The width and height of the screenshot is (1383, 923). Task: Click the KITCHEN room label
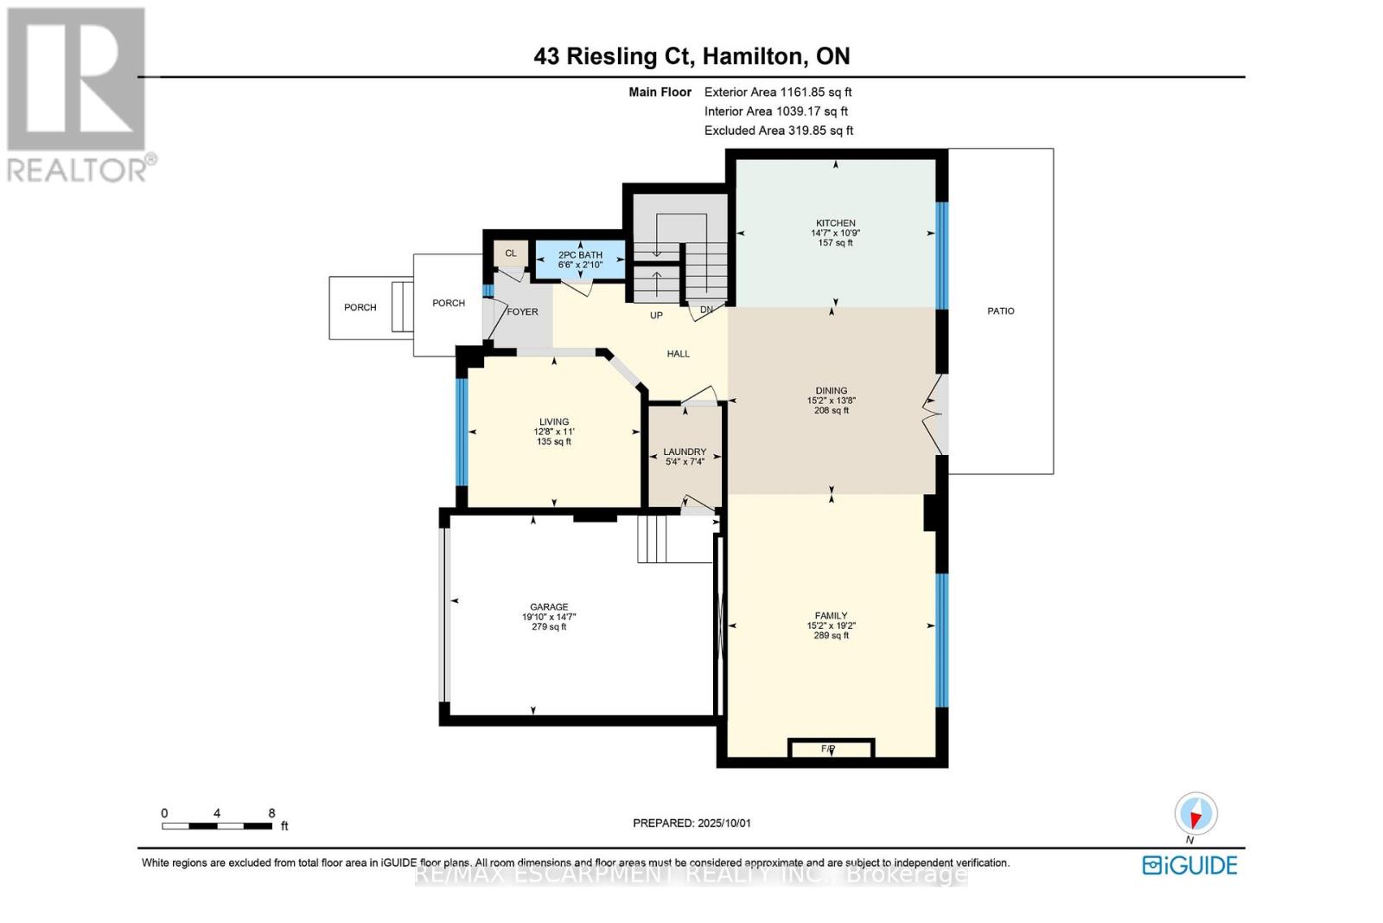click(x=835, y=223)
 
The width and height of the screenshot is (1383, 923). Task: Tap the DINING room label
click(x=831, y=391)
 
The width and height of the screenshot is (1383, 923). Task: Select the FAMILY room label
click(x=831, y=616)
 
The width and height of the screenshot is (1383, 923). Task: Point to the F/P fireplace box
click(x=831, y=748)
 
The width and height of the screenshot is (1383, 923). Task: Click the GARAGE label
click(x=549, y=607)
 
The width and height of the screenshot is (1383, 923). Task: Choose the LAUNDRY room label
click(x=685, y=452)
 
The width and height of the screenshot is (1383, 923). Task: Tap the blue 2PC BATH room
click(x=580, y=260)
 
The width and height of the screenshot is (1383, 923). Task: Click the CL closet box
click(x=511, y=253)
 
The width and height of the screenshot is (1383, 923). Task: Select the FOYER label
click(x=522, y=311)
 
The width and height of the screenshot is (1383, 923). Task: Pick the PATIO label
click(x=1001, y=311)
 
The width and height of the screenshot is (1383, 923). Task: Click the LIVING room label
click(x=554, y=422)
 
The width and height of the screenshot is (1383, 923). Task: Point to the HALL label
click(x=678, y=354)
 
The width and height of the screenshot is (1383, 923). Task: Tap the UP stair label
click(x=656, y=316)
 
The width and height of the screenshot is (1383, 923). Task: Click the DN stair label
click(x=706, y=310)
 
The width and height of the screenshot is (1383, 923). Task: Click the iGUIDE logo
click(x=1189, y=865)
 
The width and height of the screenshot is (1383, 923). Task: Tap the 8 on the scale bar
click(x=271, y=813)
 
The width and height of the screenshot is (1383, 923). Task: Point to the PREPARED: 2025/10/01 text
click(x=691, y=824)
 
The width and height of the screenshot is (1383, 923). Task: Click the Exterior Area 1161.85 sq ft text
click(x=778, y=92)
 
